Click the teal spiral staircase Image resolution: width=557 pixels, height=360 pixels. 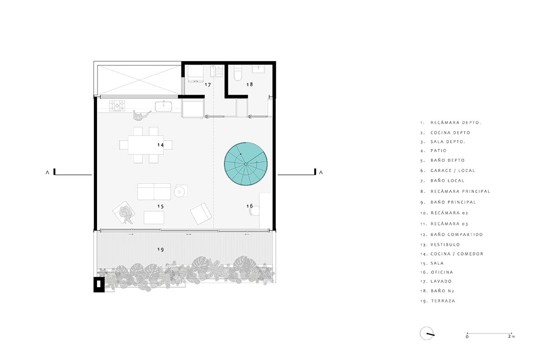click(x=246, y=164)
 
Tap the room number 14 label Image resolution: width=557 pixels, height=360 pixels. click(x=161, y=145)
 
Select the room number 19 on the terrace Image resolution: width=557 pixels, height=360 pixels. click(x=161, y=250)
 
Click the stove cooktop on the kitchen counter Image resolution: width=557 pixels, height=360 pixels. click(x=117, y=106)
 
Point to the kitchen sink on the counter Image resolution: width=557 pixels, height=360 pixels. click(x=163, y=106)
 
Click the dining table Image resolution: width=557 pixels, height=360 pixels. click(x=146, y=145)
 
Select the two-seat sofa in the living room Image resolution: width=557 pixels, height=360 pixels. click(x=154, y=192)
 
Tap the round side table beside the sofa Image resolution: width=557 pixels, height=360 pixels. click(x=179, y=191)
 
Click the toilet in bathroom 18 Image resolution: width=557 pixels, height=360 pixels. click(x=238, y=72)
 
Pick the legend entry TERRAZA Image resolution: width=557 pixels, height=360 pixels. click(x=443, y=301)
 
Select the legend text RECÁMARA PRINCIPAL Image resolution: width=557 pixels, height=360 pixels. click(x=460, y=191)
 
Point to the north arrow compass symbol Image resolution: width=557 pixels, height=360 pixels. click(x=427, y=334)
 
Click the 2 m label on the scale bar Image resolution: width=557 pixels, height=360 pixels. click(x=511, y=336)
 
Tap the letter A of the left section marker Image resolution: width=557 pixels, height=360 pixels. click(x=47, y=173)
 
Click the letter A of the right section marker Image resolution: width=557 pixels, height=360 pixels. click(x=321, y=173)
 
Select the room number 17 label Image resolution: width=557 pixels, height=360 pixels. click(x=207, y=85)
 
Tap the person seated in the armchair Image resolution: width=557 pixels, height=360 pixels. click(x=125, y=214)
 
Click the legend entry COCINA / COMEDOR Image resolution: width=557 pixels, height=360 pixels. click(x=457, y=254)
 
